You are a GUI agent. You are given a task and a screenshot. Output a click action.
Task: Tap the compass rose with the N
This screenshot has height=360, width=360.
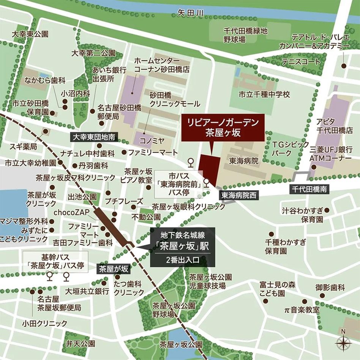pos(343,343)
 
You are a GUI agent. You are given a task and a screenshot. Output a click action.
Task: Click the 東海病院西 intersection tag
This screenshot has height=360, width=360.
pos(239,196)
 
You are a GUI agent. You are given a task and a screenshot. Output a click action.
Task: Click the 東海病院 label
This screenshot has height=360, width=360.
pos(243,161)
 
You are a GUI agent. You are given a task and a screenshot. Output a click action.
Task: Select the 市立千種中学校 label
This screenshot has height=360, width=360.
pos(264,94)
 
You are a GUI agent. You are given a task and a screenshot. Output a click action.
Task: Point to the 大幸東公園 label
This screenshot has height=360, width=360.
pos(30,34)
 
